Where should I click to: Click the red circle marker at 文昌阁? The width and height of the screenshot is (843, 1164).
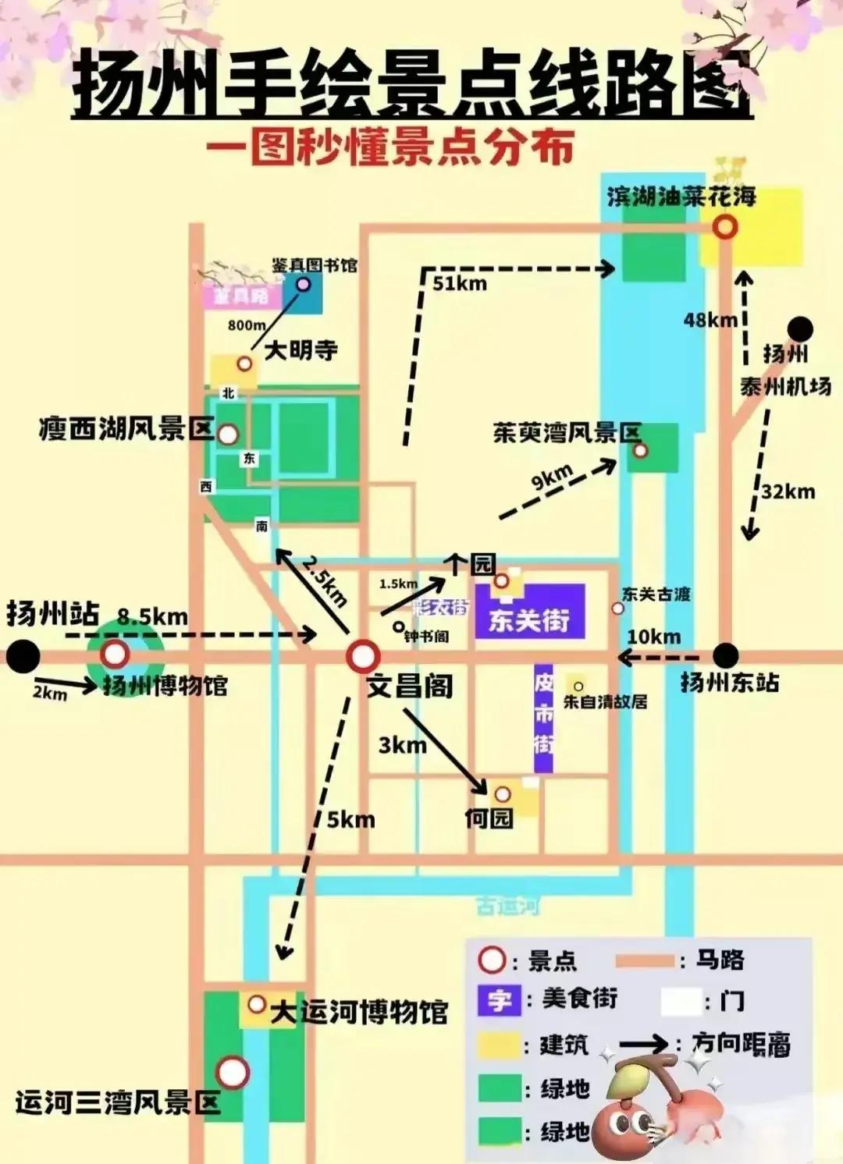pos(362,657)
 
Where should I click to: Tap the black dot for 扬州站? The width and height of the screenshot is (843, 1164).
pos(23,656)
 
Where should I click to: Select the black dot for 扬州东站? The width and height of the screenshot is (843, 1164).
pos(725,655)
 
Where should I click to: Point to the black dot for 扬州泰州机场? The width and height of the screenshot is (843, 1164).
pos(799,329)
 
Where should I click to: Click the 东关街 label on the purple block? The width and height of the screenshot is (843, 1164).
pos(528,620)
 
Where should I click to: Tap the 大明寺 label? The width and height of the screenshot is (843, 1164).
pos(301,350)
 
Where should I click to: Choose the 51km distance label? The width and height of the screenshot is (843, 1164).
pos(460,283)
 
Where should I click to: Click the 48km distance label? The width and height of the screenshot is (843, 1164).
pos(710,320)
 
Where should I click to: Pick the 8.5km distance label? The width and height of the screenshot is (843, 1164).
pos(152,617)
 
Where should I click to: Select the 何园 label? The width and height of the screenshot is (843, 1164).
pos(489,818)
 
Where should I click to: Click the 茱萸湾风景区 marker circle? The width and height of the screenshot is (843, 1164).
pos(640,450)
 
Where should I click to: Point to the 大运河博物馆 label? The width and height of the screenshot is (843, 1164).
pos(359,1012)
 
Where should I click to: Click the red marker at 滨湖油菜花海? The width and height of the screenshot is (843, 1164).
pos(726,227)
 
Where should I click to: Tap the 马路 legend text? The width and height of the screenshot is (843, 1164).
pos(720,960)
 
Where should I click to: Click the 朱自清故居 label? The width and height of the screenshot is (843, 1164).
pos(605,702)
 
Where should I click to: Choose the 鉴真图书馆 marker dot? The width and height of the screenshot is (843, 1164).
pos(303,284)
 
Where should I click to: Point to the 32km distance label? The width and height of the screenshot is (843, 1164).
pos(788,492)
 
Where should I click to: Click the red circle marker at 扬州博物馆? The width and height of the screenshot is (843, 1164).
pos(116,655)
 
